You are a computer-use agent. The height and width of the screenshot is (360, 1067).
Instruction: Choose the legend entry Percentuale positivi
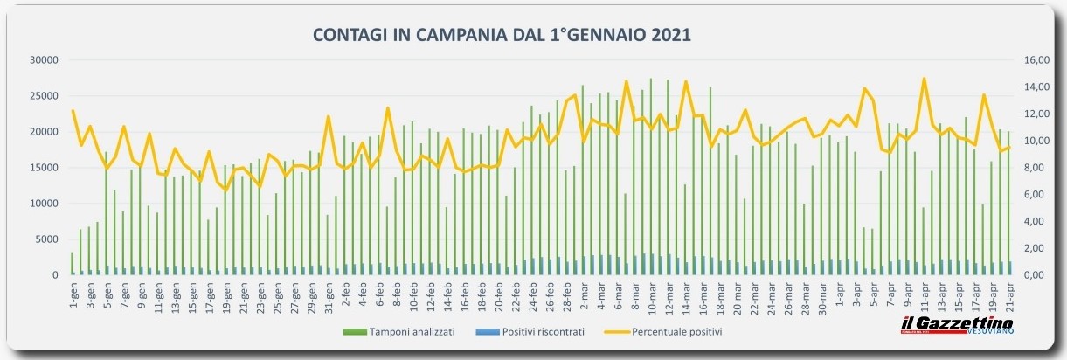[x=678, y=332]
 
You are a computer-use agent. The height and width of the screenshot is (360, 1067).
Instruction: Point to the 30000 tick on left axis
[x=43, y=60]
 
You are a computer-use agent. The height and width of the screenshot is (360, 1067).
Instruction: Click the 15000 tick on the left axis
[x=43, y=168]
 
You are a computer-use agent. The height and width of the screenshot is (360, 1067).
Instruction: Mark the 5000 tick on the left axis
[x=45, y=239]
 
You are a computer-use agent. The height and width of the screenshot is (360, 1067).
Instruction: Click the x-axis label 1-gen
[x=73, y=296]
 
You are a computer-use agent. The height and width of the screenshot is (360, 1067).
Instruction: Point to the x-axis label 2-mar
[x=583, y=296]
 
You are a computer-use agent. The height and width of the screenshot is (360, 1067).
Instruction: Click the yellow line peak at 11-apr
[x=924, y=79]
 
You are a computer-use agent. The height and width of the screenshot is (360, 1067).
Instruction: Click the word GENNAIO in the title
[x=607, y=35]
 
